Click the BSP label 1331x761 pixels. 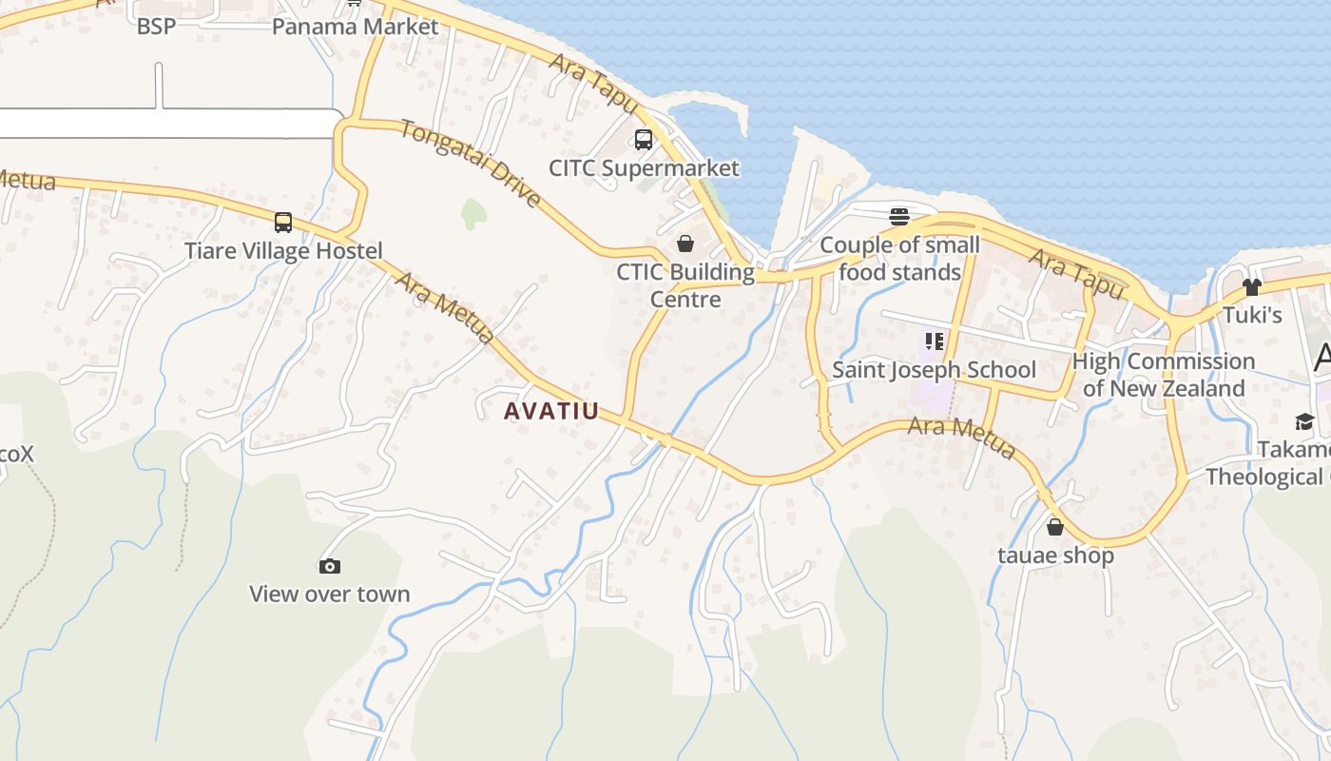[x=156, y=26]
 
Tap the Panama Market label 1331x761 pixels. [x=355, y=26]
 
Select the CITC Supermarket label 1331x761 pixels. [x=644, y=168]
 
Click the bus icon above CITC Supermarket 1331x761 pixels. [x=644, y=140]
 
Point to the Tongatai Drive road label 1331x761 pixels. [x=471, y=163]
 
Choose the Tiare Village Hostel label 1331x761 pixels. [x=283, y=251]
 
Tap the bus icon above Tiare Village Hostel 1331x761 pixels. [x=283, y=223]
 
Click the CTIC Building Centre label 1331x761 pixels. [x=685, y=285]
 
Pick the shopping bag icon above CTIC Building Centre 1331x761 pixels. [x=685, y=244]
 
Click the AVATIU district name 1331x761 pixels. [x=551, y=411]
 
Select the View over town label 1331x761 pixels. [x=329, y=595]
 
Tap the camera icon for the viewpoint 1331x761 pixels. [x=329, y=567]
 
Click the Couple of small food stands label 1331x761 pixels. [x=899, y=259]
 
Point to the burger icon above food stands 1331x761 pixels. [x=899, y=217]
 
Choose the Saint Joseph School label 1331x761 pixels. [x=934, y=369]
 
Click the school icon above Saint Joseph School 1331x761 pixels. [x=934, y=341]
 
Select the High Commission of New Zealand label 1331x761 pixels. [x=1164, y=375]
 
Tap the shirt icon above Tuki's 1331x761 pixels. [x=1251, y=287]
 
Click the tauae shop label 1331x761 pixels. [x=1055, y=555]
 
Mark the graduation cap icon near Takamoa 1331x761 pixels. [x=1303, y=421]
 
